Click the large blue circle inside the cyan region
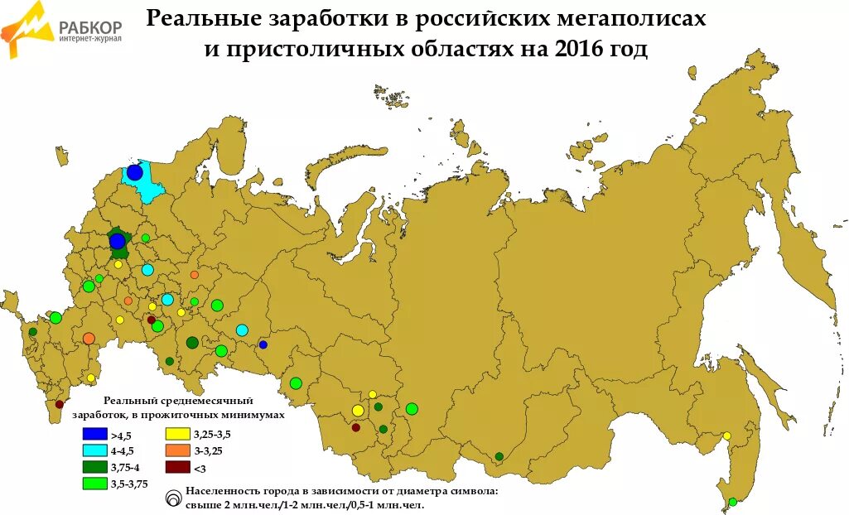[x=134, y=172]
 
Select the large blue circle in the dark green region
[x=118, y=241]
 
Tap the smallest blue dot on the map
[x=263, y=344]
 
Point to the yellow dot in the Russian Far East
[x=726, y=436]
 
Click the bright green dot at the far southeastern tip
[x=732, y=502]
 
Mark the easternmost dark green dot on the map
[x=499, y=456]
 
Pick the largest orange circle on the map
[x=89, y=338]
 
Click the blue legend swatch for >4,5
[x=94, y=434]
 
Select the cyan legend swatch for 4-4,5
[x=94, y=450]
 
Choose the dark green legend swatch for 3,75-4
[x=94, y=467]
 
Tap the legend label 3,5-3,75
[x=128, y=484]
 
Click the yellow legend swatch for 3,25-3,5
[x=177, y=434]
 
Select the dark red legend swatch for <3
[x=177, y=467]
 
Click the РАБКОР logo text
[x=90, y=25]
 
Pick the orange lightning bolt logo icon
[x=25, y=29]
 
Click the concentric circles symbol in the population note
[x=174, y=498]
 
